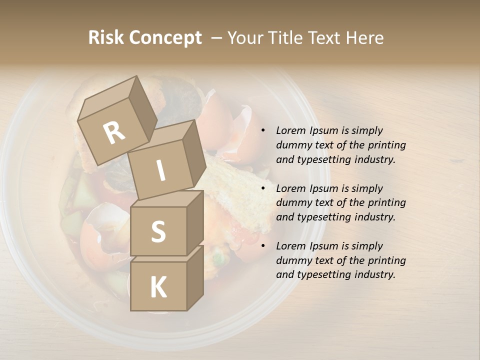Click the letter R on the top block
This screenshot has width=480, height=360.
pos(114,132)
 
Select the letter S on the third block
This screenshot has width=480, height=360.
pos(158,231)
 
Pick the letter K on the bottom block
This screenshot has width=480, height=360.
pos(158,287)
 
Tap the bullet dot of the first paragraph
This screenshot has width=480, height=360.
pos(263,131)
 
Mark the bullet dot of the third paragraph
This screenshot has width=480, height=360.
pos(263,246)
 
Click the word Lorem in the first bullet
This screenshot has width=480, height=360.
pos(290,131)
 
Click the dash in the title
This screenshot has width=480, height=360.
pos(217,38)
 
